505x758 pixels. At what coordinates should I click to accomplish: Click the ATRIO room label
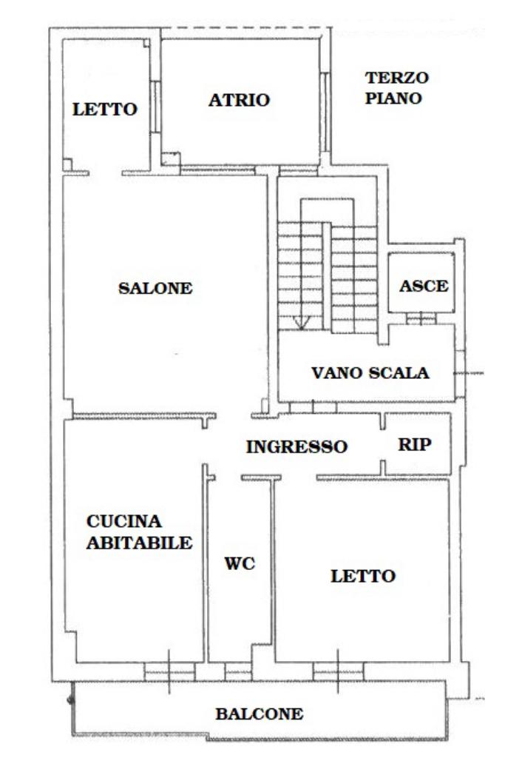[239, 100]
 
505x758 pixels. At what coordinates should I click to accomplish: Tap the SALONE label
[155, 288]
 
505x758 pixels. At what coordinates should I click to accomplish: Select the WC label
[240, 563]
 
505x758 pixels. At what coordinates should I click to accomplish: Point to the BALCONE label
[260, 714]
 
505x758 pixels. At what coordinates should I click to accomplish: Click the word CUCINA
[124, 521]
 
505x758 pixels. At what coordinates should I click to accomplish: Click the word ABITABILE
[140, 543]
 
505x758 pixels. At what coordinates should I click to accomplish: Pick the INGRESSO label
[297, 446]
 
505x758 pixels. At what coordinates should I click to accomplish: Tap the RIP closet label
[415, 444]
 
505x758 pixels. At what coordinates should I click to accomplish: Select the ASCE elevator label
[424, 286]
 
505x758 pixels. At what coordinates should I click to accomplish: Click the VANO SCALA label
[370, 373]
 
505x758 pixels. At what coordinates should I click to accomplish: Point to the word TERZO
[397, 77]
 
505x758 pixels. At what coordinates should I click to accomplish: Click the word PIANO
[393, 98]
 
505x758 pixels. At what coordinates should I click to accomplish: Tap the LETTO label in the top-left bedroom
[105, 110]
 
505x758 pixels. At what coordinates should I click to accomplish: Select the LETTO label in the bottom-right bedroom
[363, 576]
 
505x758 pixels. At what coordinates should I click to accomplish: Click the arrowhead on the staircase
[301, 323]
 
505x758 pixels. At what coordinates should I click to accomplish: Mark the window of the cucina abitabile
[169, 671]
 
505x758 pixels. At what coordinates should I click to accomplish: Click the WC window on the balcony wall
[239, 671]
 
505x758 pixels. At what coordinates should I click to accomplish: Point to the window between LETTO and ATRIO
[155, 107]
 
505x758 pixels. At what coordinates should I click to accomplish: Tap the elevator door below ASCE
[421, 318]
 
